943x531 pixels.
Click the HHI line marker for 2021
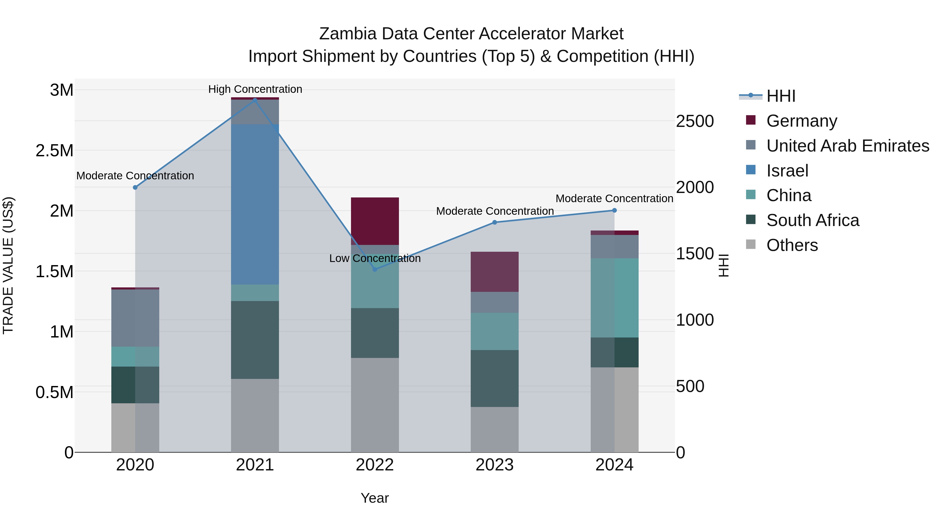pos(255,100)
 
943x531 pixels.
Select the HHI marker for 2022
pos(375,269)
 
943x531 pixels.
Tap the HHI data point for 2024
pos(614,210)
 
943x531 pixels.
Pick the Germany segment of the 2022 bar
pos(375,221)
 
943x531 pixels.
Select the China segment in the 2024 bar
pos(614,298)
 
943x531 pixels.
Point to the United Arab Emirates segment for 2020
pos(135,318)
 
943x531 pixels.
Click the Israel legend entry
pos(787,171)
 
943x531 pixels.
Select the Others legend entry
pos(792,245)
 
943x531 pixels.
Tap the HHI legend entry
pos(781,96)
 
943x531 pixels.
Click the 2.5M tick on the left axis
pos(54,151)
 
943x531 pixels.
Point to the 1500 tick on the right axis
pos(694,254)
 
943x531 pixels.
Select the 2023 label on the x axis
pos(494,465)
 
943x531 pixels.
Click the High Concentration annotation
pos(255,89)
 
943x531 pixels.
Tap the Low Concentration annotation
pos(375,258)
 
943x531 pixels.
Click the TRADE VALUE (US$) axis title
pos(8,265)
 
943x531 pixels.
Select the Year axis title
pos(375,498)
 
